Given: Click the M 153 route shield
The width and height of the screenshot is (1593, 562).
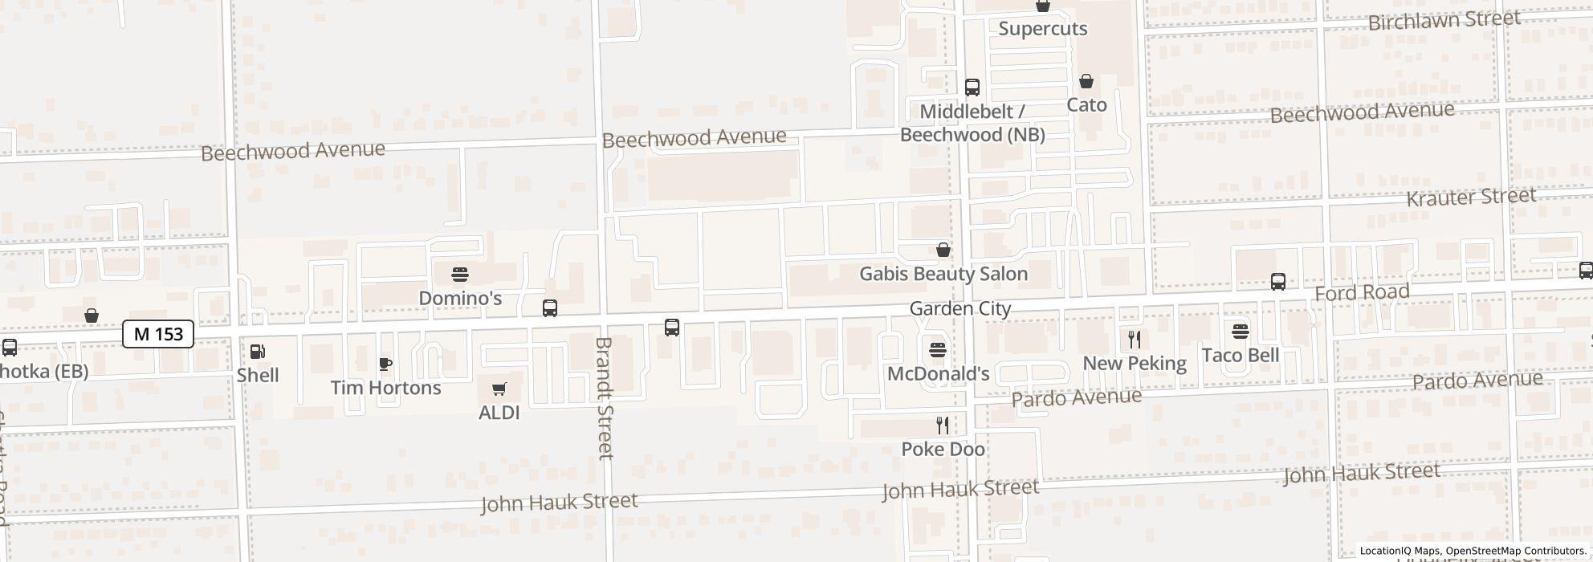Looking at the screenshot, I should pos(158,334).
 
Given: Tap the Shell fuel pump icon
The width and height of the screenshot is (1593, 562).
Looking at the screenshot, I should pos(258,352).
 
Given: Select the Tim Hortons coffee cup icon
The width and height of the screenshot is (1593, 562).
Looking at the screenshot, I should pos(385,364).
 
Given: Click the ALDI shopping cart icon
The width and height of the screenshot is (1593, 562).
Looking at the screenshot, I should pos(499,389).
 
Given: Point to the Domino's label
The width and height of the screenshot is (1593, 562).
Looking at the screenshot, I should pos(460,299).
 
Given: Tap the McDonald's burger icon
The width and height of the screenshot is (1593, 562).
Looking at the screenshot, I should pos(938,351).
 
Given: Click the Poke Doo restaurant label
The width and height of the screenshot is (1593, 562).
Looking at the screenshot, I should pos(943,450).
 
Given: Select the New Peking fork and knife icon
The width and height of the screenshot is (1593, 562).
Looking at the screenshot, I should pos(1135,340).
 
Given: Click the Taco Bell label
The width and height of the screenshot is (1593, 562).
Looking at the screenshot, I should pos(1240,355).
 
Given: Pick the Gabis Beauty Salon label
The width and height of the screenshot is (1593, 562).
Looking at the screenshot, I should pos(943,274).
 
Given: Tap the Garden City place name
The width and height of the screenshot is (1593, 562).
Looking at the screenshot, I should pos(960,309).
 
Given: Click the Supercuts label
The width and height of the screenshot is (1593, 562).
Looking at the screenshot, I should pos(1043,29).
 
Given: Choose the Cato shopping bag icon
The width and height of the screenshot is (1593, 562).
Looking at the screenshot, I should pos(1086,82).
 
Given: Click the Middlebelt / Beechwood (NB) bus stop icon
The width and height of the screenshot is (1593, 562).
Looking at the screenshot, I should pos(972,88).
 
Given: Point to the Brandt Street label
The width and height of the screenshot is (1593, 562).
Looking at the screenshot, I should pos(604,398).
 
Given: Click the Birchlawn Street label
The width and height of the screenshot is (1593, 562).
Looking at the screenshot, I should pos(1444,20).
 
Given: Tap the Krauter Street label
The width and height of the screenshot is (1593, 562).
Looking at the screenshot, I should pos(1471,198).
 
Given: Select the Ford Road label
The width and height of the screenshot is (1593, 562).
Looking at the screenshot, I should pos(1362,293).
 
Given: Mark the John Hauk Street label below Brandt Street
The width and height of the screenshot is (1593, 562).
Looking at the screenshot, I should pos(559,503).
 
